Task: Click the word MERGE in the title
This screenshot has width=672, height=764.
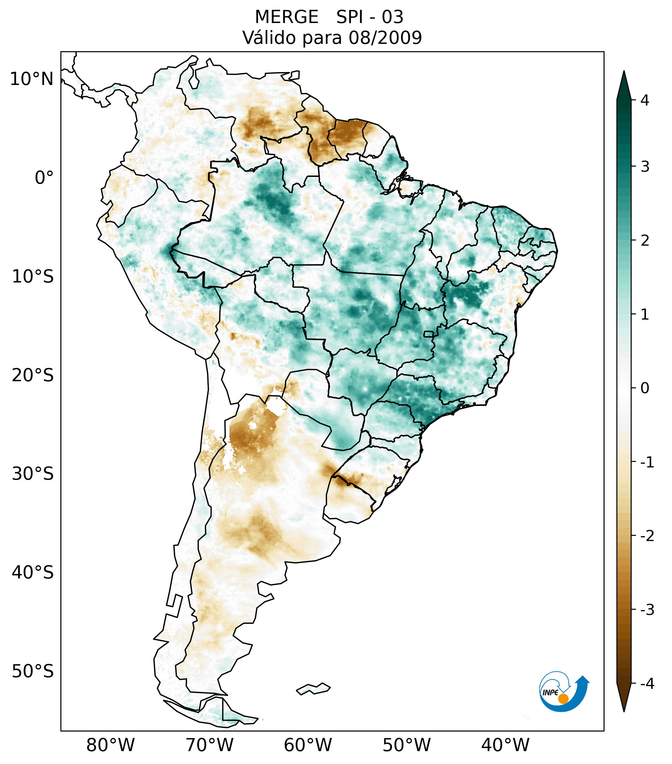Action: pos(287,17)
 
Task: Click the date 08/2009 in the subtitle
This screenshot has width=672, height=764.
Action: pos(385,38)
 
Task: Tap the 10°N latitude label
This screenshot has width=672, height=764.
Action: pos(31,79)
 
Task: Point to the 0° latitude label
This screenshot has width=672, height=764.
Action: pos(44,178)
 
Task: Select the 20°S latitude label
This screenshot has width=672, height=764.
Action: pos(33,375)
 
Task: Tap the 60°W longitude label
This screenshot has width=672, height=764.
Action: pos(308,745)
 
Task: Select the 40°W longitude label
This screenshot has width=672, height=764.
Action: pos(505,745)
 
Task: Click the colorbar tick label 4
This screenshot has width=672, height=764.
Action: pos(645,100)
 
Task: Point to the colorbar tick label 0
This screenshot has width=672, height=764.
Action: pos(645,388)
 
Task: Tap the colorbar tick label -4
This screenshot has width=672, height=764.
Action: pos(647,684)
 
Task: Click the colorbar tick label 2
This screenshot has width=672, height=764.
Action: pos(645,241)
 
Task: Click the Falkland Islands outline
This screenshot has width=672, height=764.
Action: pos(313,689)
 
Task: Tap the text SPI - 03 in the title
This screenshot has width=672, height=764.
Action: pos(370,17)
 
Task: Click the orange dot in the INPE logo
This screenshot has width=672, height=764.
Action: pos(563,699)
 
